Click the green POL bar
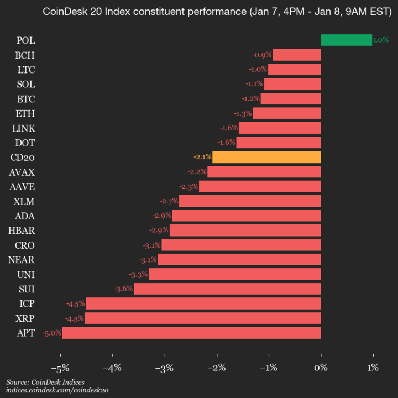(x=346, y=40)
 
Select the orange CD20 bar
(x=266, y=157)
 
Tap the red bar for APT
(x=191, y=333)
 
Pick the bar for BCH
(x=297, y=55)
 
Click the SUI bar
(x=227, y=289)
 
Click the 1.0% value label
(x=381, y=40)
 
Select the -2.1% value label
(x=203, y=157)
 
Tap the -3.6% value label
(x=123, y=289)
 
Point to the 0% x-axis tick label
(x=321, y=368)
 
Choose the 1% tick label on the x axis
(x=373, y=368)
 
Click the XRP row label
(x=25, y=318)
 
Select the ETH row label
(x=25, y=113)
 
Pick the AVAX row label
(x=22, y=172)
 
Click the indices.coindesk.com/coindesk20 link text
(x=57, y=390)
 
